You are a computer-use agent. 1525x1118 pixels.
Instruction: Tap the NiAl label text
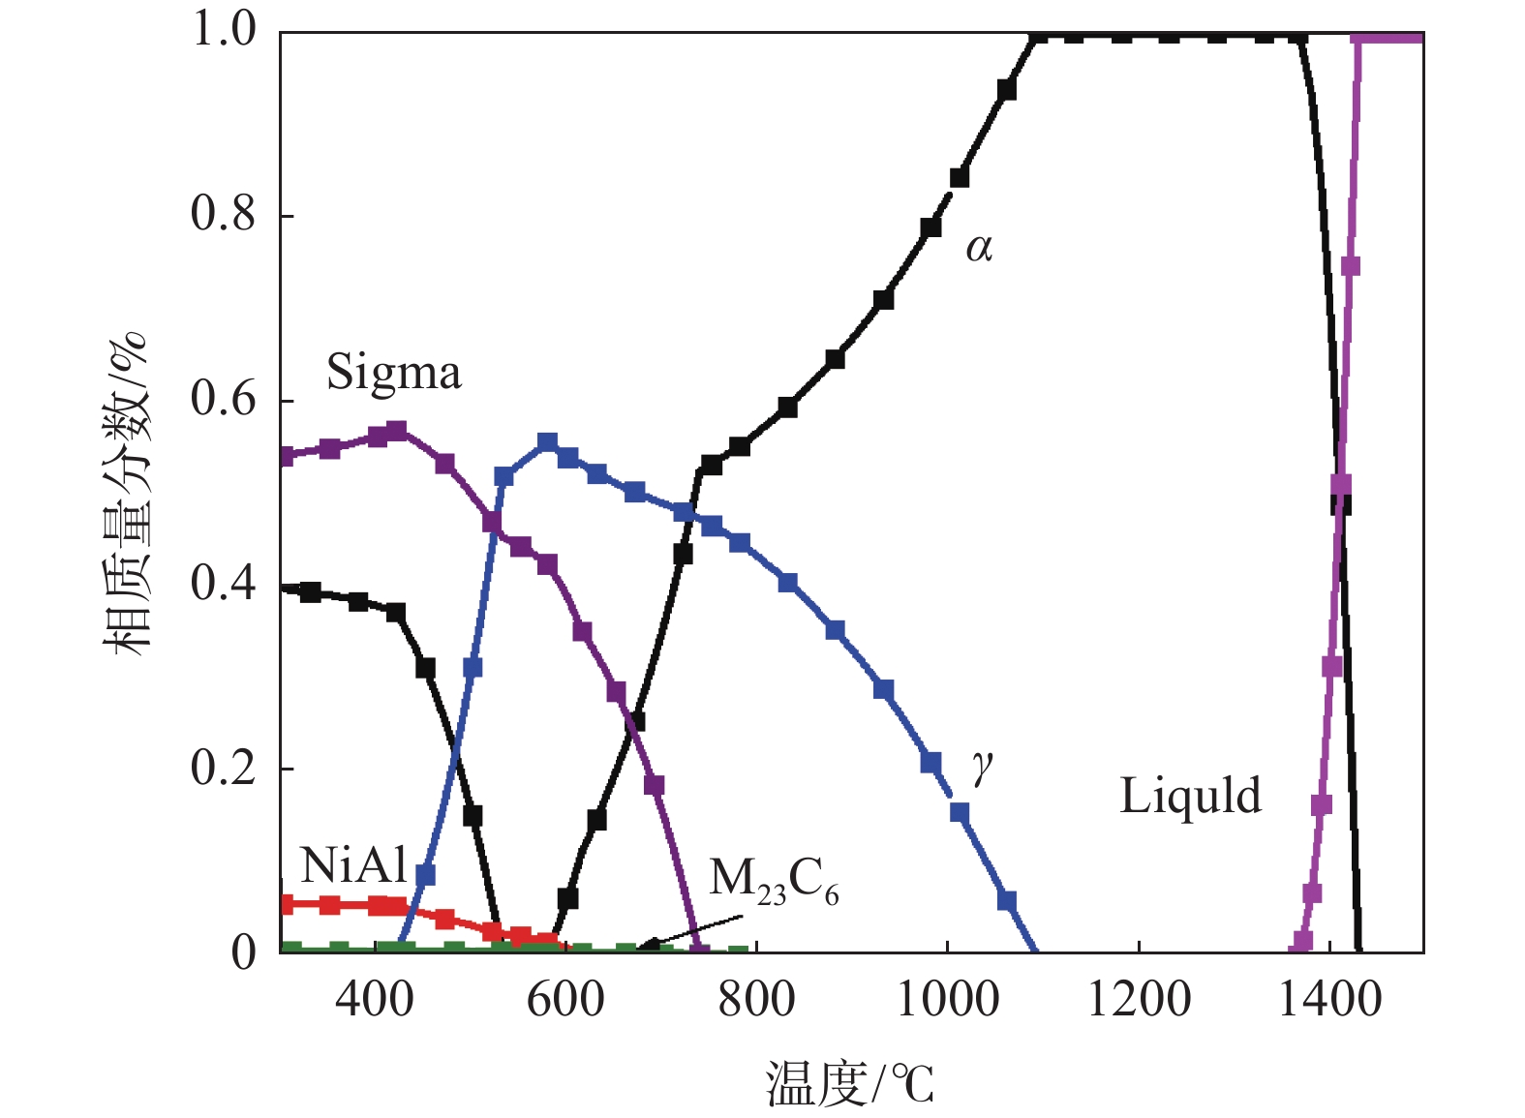coord(353,865)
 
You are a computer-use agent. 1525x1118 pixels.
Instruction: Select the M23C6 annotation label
coord(774,882)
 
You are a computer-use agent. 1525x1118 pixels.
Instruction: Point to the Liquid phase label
coord(1190,796)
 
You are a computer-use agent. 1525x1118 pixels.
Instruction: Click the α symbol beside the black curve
coord(979,249)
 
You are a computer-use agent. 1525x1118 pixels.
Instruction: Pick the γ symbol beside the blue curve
coord(982,767)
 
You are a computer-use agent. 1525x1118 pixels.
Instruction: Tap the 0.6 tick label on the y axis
coord(224,399)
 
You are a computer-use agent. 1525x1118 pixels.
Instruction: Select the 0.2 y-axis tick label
coord(224,768)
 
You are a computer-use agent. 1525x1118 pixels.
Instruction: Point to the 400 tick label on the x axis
coord(375,998)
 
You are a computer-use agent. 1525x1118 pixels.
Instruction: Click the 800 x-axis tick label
coord(756,998)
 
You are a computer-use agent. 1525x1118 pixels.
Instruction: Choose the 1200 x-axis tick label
coord(1139,998)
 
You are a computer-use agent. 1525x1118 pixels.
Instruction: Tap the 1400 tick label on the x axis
coord(1329,998)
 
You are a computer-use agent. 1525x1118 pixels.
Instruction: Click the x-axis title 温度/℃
coord(850,1083)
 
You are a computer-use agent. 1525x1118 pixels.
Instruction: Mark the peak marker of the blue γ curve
coord(548,443)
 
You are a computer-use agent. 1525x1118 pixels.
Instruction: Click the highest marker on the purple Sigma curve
coord(396,431)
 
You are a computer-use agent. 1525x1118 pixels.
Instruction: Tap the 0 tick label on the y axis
coord(243,952)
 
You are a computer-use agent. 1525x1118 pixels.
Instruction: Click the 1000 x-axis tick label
coord(947,998)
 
